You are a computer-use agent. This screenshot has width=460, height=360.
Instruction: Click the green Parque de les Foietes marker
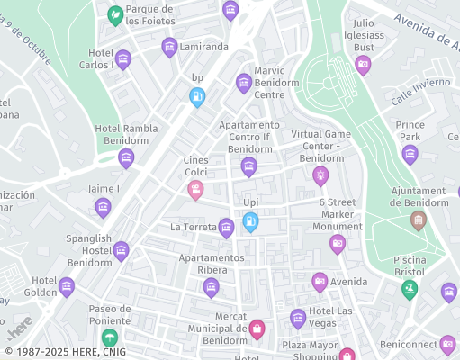tap(115, 15)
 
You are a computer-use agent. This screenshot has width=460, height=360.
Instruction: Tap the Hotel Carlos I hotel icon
tap(123, 59)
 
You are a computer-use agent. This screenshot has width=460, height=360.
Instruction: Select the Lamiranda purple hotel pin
tap(169, 47)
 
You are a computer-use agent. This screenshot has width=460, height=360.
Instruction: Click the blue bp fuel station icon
tap(197, 97)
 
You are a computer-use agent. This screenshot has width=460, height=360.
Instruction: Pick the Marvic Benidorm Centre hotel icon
tap(243, 83)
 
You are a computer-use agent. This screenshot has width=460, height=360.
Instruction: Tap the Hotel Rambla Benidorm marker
tap(126, 158)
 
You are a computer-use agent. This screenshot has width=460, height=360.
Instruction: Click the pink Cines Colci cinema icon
tap(195, 190)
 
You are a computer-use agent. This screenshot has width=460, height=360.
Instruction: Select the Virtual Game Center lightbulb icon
tap(320, 175)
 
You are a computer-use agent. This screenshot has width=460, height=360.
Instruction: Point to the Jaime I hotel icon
tap(104, 208)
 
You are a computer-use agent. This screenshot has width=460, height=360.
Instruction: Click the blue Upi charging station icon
tap(251, 221)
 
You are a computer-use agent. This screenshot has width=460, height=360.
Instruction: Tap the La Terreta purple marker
tap(226, 228)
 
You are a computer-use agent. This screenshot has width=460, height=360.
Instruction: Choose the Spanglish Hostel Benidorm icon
tap(122, 251)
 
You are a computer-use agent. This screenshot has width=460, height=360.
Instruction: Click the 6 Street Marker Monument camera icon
tap(338, 244)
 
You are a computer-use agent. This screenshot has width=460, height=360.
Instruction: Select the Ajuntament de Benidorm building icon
tap(419, 220)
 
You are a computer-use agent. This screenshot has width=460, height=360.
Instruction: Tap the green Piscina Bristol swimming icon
tap(410, 290)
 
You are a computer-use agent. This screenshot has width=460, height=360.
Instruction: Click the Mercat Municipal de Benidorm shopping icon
tap(257, 329)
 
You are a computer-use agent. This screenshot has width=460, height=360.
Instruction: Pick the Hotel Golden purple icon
tap(67, 287)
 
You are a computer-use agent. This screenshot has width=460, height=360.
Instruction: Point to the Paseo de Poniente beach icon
tap(110, 337)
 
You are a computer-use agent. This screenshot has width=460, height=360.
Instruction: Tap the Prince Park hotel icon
tap(410, 154)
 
